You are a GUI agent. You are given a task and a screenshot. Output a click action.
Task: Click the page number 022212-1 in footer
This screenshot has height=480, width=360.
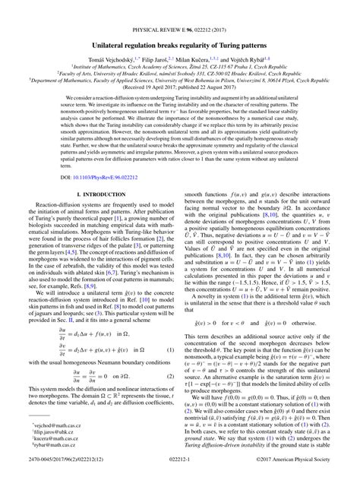[179, 472]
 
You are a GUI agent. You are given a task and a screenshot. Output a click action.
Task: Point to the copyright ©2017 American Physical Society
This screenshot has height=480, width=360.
[303, 472]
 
